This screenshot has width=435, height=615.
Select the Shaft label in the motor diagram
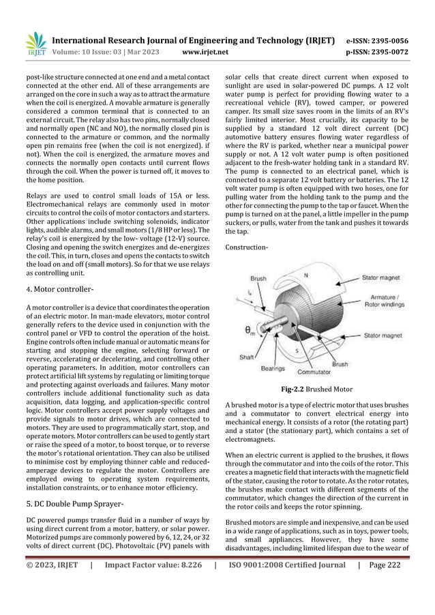pyautogui.click(x=247, y=357)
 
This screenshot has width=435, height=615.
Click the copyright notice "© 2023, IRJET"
pyautogui.click(x=52, y=565)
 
